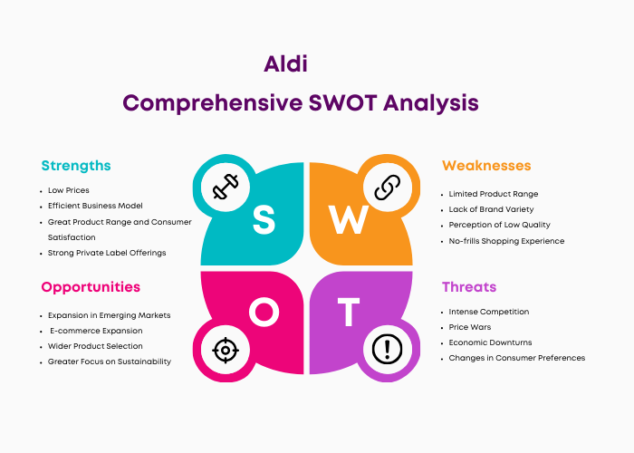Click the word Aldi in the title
pyautogui.click(x=285, y=63)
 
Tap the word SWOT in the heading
pyautogui.click(x=343, y=102)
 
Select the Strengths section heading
pyautogui.click(x=76, y=166)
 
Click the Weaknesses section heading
pyautogui.click(x=486, y=166)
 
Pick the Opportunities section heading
pyautogui.click(x=91, y=287)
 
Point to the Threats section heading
pyautogui.click(x=469, y=287)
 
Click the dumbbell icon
pyautogui.click(x=226, y=187)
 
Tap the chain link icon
pyautogui.click(x=388, y=188)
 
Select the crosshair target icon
pyautogui.click(x=226, y=350)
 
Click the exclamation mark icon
pyautogui.click(x=387, y=349)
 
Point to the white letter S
pyautogui.click(x=264, y=219)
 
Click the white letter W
pyautogui.click(x=349, y=219)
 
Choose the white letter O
pyautogui.click(x=264, y=312)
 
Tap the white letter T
pyautogui.click(x=349, y=312)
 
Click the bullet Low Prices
pyautogui.click(x=68, y=190)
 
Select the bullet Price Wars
pyautogui.click(x=470, y=327)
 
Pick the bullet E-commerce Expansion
pyautogui.click(x=96, y=331)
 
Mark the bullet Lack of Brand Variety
pyautogui.click(x=491, y=209)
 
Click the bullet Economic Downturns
pyautogui.click(x=491, y=342)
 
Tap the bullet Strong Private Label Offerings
pyautogui.click(x=107, y=253)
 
